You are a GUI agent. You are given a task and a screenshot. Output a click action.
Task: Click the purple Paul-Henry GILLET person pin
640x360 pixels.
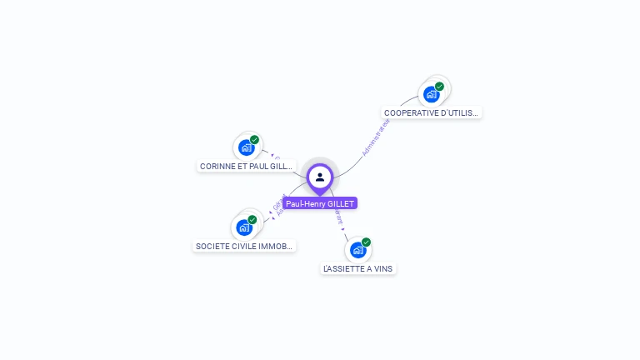click(x=320, y=177)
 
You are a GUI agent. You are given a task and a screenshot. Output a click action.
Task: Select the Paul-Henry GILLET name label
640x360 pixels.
click(x=320, y=203)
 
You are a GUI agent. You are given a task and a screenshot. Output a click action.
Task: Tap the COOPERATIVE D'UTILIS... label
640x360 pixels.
click(x=432, y=112)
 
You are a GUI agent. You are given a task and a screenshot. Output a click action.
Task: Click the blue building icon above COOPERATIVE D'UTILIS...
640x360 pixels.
click(x=432, y=94)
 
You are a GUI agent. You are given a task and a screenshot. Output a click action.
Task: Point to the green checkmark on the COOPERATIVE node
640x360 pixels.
click(x=439, y=87)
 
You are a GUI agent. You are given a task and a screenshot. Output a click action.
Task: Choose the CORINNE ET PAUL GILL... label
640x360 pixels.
click(x=247, y=167)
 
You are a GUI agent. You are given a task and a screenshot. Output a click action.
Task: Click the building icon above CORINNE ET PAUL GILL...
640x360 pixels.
click(x=246, y=147)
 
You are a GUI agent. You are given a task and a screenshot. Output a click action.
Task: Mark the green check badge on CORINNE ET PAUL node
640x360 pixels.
click(x=254, y=140)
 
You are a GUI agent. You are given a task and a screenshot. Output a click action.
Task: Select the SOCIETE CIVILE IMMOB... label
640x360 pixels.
click(x=244, y=247)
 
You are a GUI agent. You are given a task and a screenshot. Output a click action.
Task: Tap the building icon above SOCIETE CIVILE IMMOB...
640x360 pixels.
click(x=244, y=227)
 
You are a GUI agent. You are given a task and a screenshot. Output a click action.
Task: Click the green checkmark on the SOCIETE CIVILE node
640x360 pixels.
click(x=252, y=220)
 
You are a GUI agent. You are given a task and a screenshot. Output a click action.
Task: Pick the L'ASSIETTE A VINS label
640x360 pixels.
click(x=358, y=269)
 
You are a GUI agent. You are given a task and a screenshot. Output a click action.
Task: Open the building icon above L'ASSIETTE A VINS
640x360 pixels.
click(x=357, y=249)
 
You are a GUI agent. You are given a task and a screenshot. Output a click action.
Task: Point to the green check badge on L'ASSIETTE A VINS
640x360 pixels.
click(x=366, y=242)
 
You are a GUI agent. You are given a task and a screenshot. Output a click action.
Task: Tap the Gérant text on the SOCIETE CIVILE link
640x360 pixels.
click(x=277, y=202)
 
